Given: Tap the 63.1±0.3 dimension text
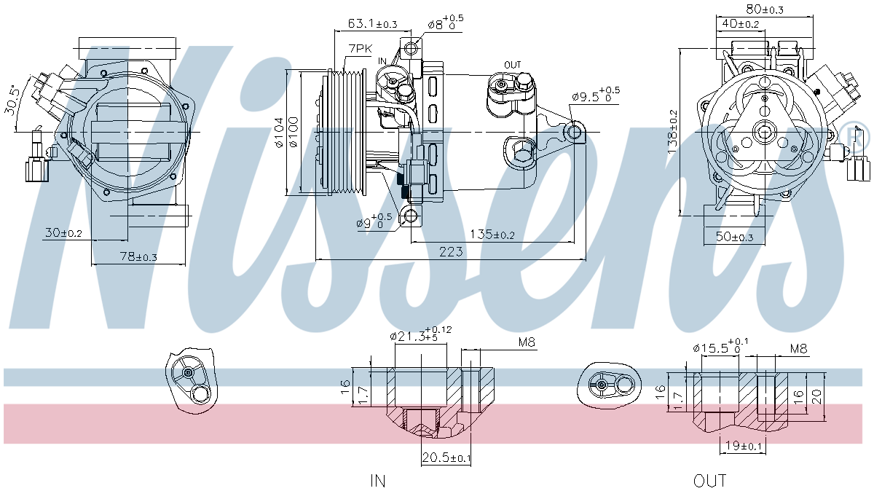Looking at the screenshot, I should pyautogui.click(x=372, y=23).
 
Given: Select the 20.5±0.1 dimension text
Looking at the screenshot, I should pyautogui.click(x=446, y=457).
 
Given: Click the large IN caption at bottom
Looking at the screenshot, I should pyautogui.click(x=377, y=480).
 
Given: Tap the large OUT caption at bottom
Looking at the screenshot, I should pyautogui.click(x=709, y=480).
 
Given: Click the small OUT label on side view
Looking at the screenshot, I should pyautogui.click(x=513, y=65).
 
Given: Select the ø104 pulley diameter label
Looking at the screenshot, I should pyautogui.click(x=278, y=133).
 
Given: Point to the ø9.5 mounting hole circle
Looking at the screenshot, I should pyautogui.click(x=575, y=133).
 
